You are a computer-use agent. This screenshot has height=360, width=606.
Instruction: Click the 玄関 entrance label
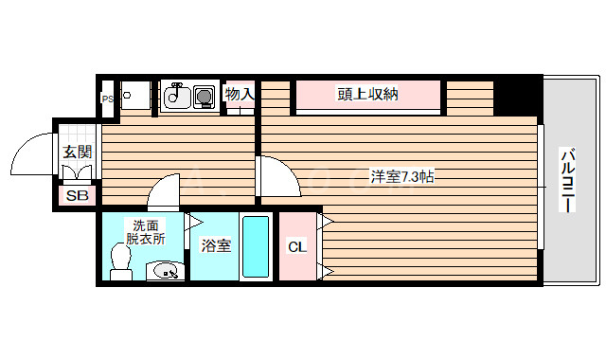tap(77, 152)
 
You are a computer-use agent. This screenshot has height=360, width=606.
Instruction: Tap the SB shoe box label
tap(76, 196)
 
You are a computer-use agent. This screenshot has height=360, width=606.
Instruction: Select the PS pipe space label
tap(107, 98)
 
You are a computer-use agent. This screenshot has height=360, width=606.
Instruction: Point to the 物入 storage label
tap(240, 94)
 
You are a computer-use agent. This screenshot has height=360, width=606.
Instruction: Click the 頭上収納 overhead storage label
tap(367, 94)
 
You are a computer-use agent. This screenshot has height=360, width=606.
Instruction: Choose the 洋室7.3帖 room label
tap(401, 176)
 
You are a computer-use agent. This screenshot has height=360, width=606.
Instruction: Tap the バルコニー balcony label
tap(568, 180)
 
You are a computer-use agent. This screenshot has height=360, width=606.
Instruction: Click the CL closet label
tap(296, 246)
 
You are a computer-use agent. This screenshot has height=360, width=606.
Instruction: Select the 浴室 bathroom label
tap(216, 246)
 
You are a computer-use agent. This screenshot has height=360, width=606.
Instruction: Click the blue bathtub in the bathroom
tap(255, 246)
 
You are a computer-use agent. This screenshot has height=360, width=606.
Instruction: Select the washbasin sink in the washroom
tap(165, 271)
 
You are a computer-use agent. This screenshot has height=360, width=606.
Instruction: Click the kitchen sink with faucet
tap(175, 96)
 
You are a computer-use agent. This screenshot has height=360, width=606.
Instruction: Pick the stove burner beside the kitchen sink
tap(204, 96)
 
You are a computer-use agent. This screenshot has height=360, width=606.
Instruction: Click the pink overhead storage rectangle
tap(367, 95)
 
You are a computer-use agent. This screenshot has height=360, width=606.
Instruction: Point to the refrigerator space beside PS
tap(135, 97)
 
